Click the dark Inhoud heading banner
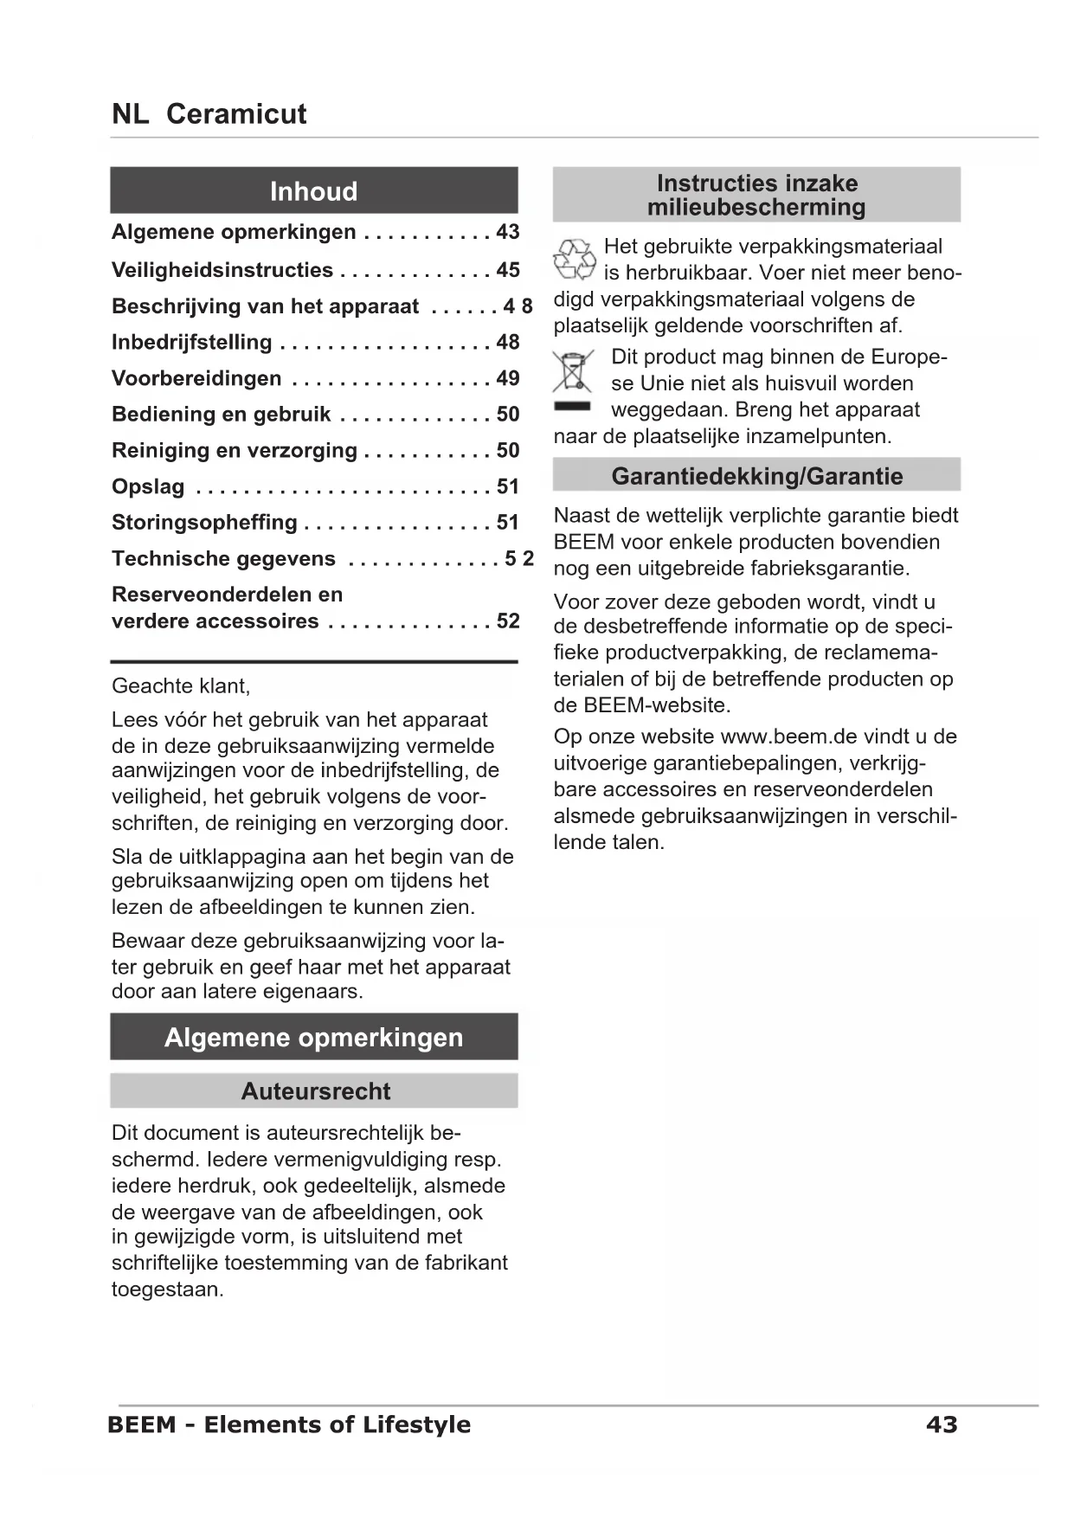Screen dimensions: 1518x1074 pos(313,190)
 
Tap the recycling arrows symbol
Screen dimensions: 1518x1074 pos(574,260)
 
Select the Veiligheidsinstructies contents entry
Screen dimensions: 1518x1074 pos(222,270)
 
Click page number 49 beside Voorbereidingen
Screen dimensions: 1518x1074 pos(508,378)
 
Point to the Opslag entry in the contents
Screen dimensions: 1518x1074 pos(148,486)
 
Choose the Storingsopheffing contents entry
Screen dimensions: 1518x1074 pos(204,523)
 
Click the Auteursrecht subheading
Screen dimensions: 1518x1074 pos(315,1091)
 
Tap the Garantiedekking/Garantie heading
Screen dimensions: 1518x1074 pos(756,476)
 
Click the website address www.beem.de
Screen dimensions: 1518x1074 pos(776,736)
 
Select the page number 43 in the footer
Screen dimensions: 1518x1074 pos(942,1425)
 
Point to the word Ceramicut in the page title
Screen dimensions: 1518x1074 pos(236,114)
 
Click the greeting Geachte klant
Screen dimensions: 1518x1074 pos(181,686)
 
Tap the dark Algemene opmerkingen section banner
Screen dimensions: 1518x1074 pos(313,1037)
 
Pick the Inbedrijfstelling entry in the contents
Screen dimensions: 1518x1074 pos(192,343)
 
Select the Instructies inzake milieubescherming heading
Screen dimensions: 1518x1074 pos(756,195)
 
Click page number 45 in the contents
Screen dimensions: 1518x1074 pos(508,270)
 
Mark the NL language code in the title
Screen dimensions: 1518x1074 pos(130,114)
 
